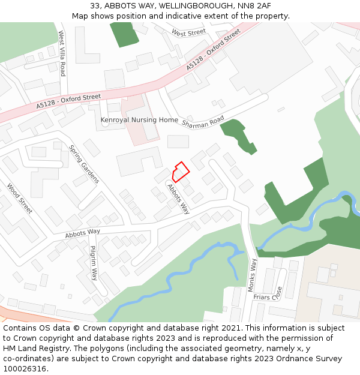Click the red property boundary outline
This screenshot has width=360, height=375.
(x=181, y=172)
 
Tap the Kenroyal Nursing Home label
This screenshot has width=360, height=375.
(x=139, y=120)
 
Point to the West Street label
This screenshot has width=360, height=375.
(x=188, y=32)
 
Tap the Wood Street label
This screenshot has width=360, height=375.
(x=19, y=199)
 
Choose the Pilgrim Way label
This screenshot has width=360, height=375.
(x=93, y=263)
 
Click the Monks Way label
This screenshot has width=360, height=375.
(x=253, y=275)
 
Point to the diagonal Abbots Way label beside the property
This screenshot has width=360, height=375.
(x=178, y=199)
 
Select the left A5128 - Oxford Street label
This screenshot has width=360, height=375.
(x=68, y=100)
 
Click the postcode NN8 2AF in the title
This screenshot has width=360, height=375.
(x=254, y=5)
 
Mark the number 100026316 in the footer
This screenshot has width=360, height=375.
(x=24, y=369)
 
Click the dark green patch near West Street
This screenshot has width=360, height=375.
(x=124, y=34)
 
